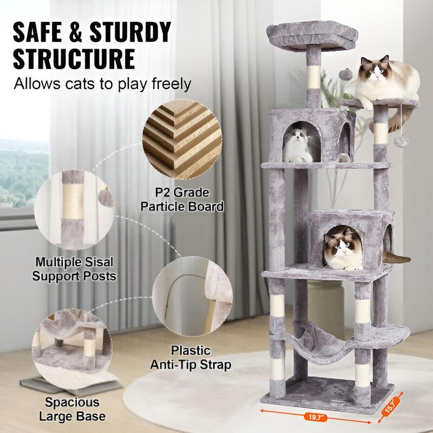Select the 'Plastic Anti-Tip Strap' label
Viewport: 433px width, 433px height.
click(200, 358)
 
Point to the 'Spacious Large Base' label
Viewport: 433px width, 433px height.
click(72, 409)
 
